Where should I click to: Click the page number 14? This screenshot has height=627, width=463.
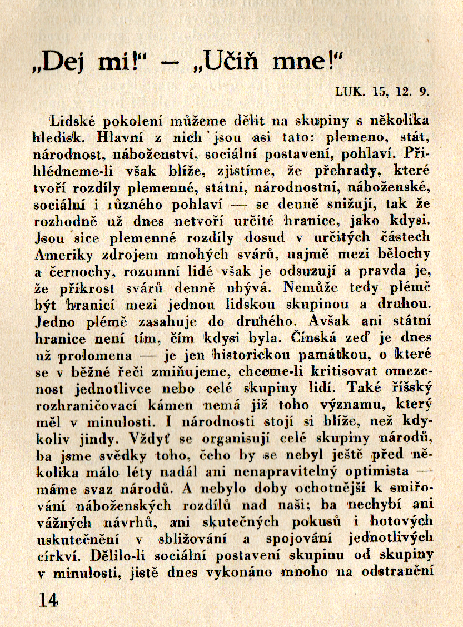[x=48, y=600]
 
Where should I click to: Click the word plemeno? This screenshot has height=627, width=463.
[x=364, y=135]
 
